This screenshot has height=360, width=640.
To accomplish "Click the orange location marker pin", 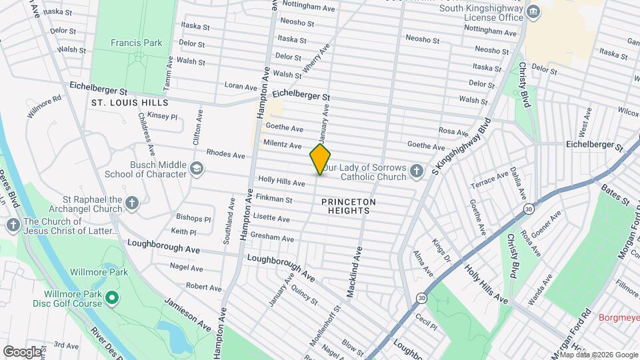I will pos(321,159).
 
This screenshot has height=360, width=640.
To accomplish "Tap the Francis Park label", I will pos(136,43).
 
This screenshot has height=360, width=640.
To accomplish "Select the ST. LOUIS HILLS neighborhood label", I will pos(129,103).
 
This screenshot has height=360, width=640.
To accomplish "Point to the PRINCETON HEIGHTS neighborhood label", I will pos(348,206).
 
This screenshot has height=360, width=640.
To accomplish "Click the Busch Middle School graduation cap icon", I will pos(197,169).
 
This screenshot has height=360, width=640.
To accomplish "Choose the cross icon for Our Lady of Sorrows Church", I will pos(416,171).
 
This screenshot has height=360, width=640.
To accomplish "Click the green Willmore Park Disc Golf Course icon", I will pos(112,298).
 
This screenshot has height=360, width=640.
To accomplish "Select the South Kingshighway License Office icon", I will pos(533,12).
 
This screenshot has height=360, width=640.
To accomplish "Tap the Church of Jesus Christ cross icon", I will pos(13,226).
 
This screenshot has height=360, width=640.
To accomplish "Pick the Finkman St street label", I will pos(275,199).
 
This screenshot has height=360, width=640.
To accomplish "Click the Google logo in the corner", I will pos(23,351).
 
